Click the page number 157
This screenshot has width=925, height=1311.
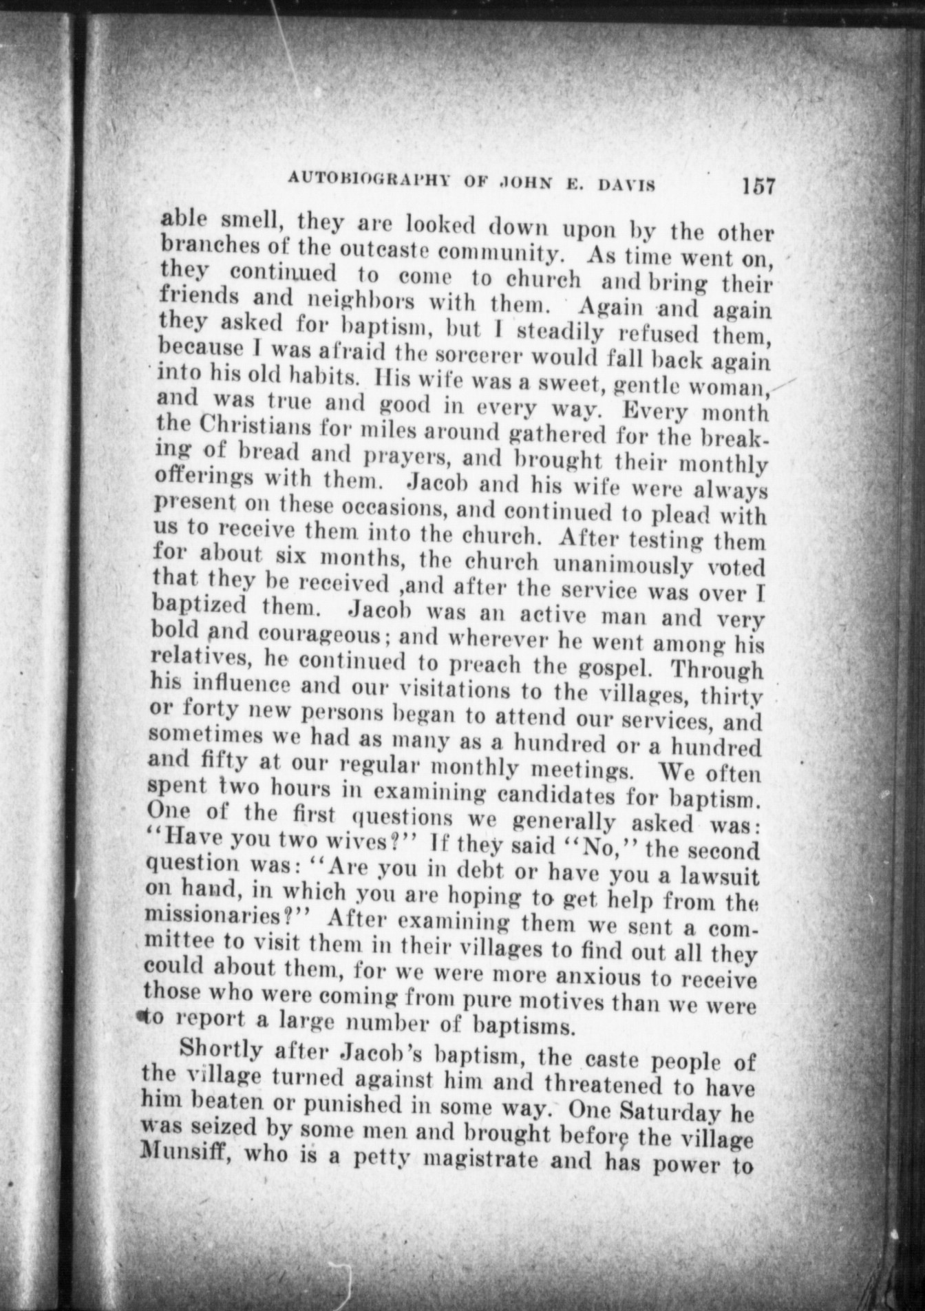(x=758, y=186)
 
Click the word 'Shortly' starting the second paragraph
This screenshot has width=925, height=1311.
(x=220, y=1052)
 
